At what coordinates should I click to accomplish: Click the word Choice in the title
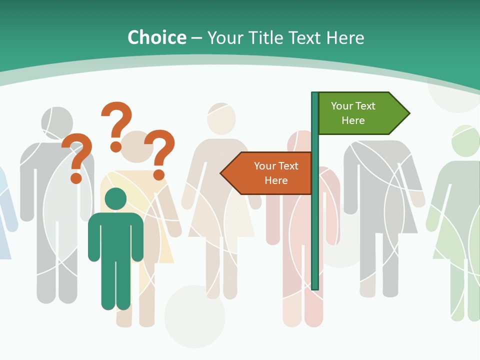tap(156, 37)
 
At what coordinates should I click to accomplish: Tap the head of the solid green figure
tap(115, 198)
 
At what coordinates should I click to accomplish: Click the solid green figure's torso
tap(115, 235)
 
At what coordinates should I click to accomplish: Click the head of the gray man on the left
tap(57, 123)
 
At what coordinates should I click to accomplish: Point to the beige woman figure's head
tap(221, 118)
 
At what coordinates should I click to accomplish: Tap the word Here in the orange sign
tap(276, 180)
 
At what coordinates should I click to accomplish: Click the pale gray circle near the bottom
tap(195, 315)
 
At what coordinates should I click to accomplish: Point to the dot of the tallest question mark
tap(116, 146)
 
